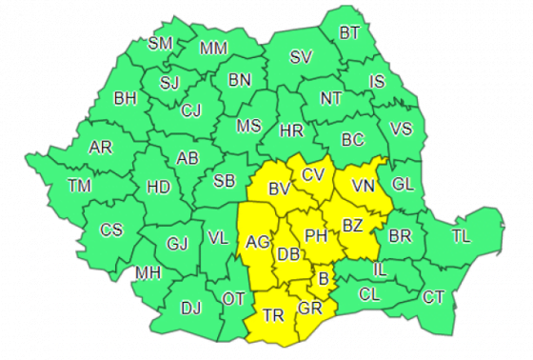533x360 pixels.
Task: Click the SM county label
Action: tap(160, 43)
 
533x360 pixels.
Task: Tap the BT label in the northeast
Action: tap(349, 33)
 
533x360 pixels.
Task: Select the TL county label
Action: tap(461, 234)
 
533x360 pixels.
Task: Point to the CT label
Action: tap(433, 297)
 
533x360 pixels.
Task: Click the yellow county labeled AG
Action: tap(257, 242)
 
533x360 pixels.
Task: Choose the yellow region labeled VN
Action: tap(363, 185)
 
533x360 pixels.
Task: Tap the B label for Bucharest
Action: tap(323, 278)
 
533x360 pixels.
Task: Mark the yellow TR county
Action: tap(273, 314)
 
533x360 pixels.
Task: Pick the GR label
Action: tap(309, 310)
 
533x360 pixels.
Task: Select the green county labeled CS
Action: tap(111, 230)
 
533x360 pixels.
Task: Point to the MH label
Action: tap(147, 273)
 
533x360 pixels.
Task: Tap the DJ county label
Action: tap(191, 307)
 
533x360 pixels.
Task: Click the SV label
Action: tap(301, 57)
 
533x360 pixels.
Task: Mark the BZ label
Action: tap(352, 227)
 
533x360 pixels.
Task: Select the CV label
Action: tap(312, 174)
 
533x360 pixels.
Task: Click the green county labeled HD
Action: tap(158, 188)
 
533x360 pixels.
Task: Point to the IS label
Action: tap(377, 82)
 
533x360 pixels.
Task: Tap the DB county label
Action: tap(287, 253)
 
